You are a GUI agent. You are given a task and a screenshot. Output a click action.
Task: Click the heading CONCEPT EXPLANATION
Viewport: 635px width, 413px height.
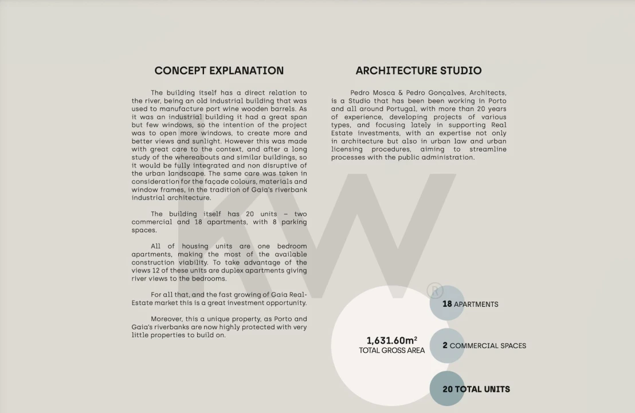219,71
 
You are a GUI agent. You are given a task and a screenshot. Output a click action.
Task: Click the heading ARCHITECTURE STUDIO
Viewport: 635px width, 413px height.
418,71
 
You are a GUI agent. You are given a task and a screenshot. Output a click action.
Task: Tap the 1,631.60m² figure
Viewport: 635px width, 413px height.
391,341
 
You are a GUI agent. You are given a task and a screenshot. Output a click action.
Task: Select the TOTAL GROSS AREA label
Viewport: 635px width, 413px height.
391,350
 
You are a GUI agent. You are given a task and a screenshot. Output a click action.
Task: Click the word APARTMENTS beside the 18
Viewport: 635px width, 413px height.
476,305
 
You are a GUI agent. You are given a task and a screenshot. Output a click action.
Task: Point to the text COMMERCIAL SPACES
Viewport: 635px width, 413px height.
488,346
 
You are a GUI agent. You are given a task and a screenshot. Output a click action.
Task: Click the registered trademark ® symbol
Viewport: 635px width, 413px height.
435,290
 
